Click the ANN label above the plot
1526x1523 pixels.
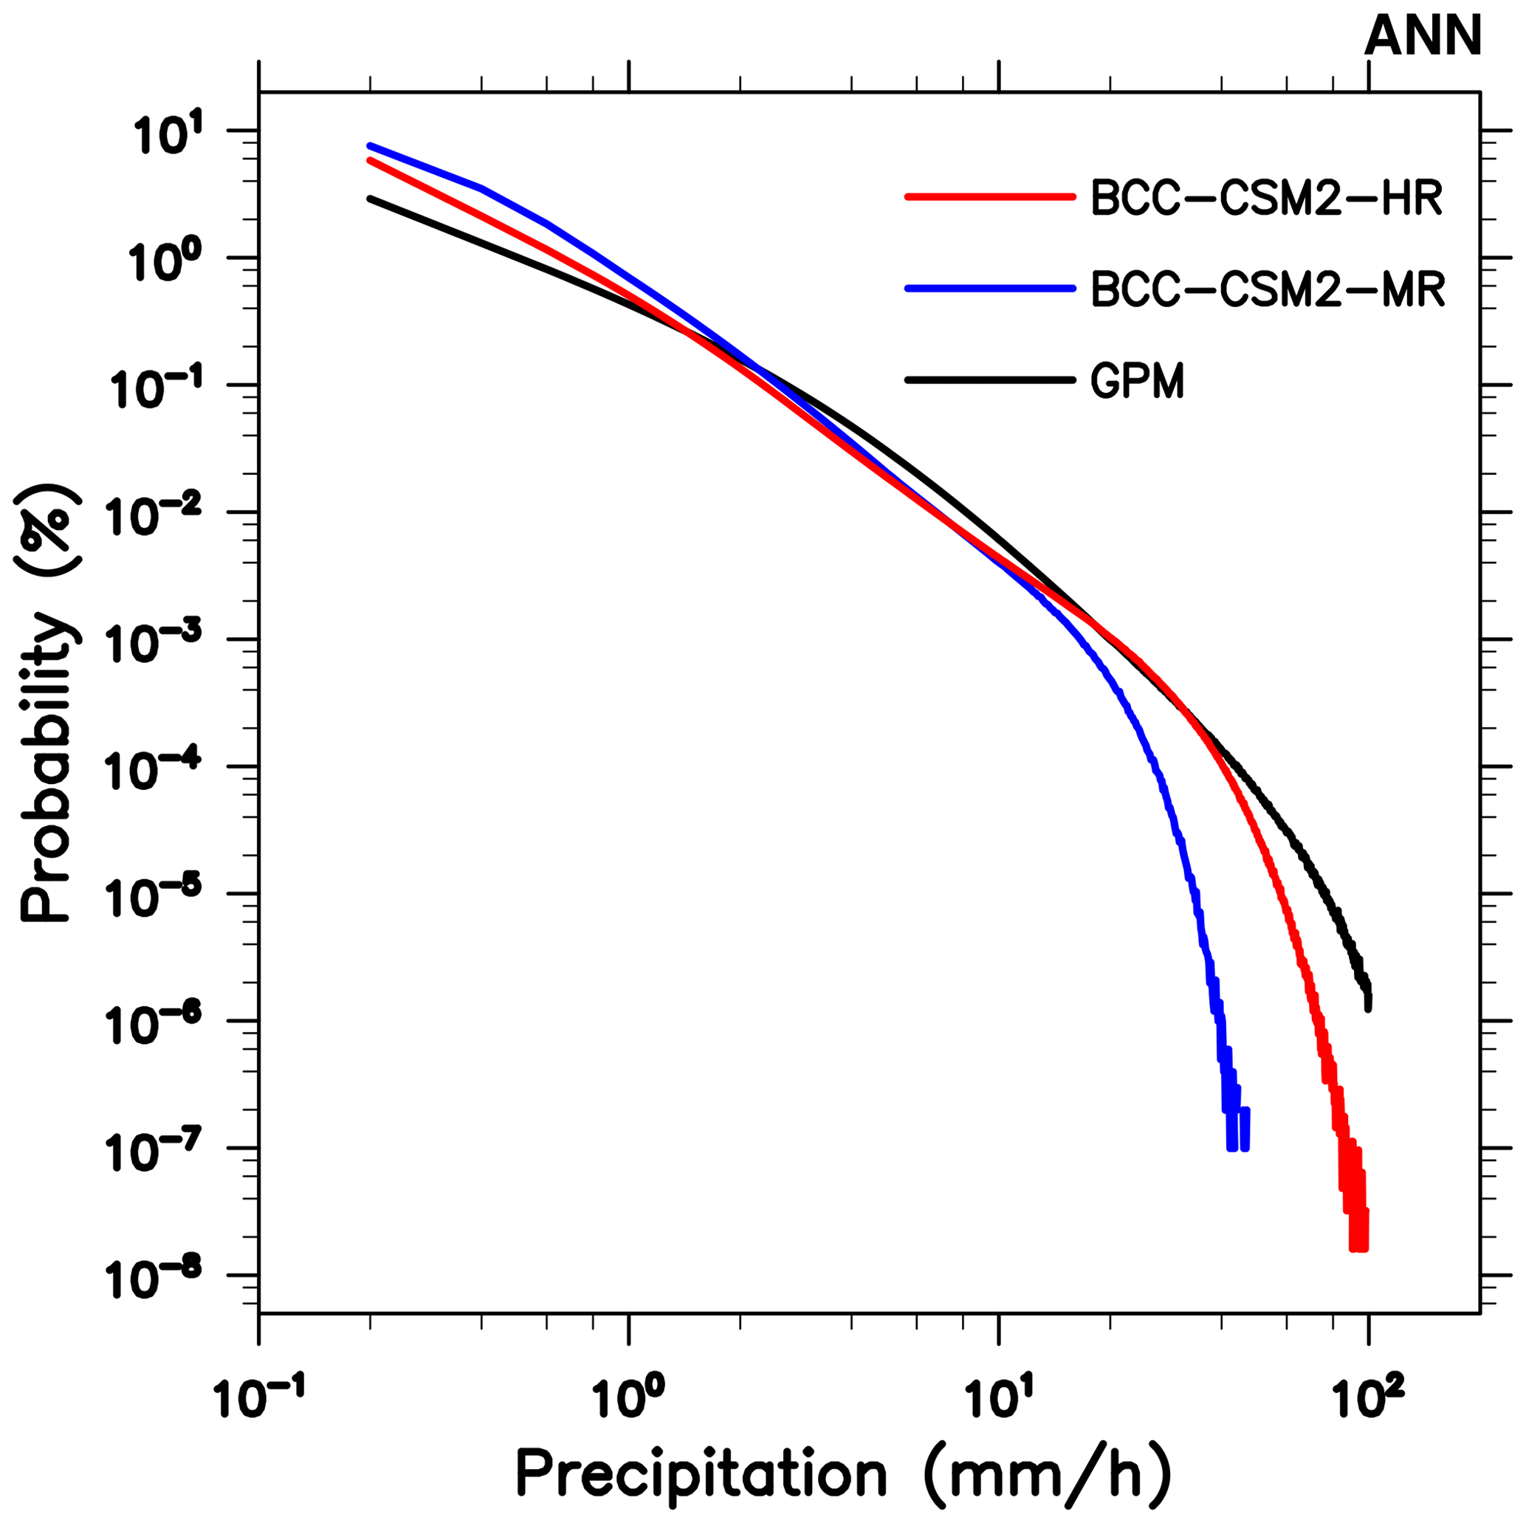pos(1423,37)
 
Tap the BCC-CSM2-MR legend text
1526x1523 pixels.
pos(1268,289)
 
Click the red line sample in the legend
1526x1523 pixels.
pos(991,196)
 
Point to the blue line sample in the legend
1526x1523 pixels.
pos(991,289)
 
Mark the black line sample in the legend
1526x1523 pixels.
pos(991,380)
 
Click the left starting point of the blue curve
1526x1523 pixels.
pos(370,146)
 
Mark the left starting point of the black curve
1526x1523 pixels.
pos(370,199)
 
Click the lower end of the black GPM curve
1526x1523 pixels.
pos(1368,1007)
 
